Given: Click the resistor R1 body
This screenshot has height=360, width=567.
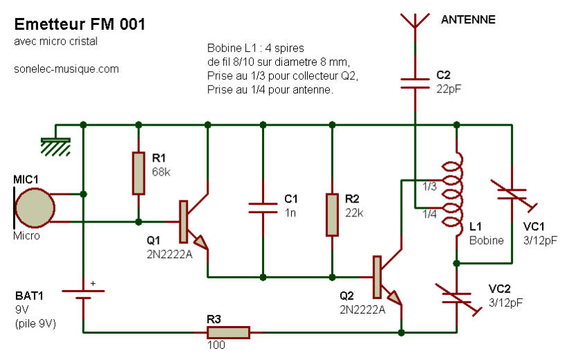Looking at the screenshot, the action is click(139, 173).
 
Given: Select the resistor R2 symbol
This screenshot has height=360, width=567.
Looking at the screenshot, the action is click(332, 215).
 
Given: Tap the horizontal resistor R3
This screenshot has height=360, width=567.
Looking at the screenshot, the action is click(228, 332).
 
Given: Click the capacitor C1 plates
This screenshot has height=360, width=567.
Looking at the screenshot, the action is click(263, 208).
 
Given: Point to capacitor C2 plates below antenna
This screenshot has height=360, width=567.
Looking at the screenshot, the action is click(415, 83).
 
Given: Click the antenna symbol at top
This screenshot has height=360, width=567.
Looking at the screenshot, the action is click(415, 21).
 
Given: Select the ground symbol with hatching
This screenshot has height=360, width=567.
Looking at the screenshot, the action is click(55, 146).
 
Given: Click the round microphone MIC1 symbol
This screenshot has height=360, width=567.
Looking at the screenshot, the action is click(35, 207).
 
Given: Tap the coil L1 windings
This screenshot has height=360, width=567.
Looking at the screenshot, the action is click(453, 194).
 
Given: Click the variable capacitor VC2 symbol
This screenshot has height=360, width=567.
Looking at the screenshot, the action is click(457, 298).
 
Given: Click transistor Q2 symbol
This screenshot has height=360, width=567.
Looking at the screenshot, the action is click(387, 277).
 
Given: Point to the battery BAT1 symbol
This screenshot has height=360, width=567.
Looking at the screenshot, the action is click(83, 294).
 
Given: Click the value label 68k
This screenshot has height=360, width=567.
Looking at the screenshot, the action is click(161, 172).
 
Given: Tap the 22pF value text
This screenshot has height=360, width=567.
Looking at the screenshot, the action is click(448, 89).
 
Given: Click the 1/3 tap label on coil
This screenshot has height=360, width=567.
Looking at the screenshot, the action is click(430, 187).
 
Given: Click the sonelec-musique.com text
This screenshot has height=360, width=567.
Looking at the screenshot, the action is click(66, 69).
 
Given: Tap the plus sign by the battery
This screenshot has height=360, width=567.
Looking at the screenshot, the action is click(93, 283).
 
